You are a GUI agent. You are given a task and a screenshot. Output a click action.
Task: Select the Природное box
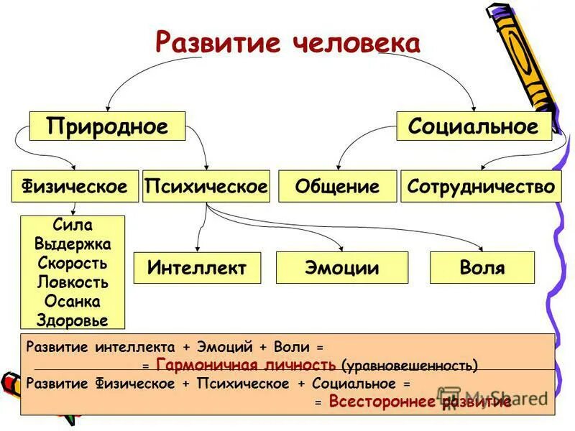pos(107,126)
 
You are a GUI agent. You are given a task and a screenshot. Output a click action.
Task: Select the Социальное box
pos(474,126)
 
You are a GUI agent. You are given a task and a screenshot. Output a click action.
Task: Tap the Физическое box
pos(75,187)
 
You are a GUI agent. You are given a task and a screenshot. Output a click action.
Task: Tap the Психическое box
pos(206,187)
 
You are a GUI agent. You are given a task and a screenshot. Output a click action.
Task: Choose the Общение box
pos(337,187)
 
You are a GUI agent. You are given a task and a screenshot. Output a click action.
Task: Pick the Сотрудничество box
pos(481,187)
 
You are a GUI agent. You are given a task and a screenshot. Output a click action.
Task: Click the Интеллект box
pos(197,268)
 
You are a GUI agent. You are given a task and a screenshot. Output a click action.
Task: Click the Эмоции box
pos(342,268)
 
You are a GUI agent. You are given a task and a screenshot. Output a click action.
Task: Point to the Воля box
pos(482,268)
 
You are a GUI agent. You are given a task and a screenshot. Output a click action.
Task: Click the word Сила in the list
pos(73,226)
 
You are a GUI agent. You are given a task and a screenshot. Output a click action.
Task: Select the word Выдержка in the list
pos(73,244)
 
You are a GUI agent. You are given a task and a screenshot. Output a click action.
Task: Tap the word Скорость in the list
pos(73,262)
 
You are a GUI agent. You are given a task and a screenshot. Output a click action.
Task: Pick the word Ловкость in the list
pos(73,282)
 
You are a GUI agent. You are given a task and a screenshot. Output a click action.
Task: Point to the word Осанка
pos(73,300)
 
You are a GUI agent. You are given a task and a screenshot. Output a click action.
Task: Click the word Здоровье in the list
pos(73,320)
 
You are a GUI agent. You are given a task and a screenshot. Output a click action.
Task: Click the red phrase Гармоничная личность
pos(246,365)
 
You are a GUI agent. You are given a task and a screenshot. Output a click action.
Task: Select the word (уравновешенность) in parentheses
pos(409,366)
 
